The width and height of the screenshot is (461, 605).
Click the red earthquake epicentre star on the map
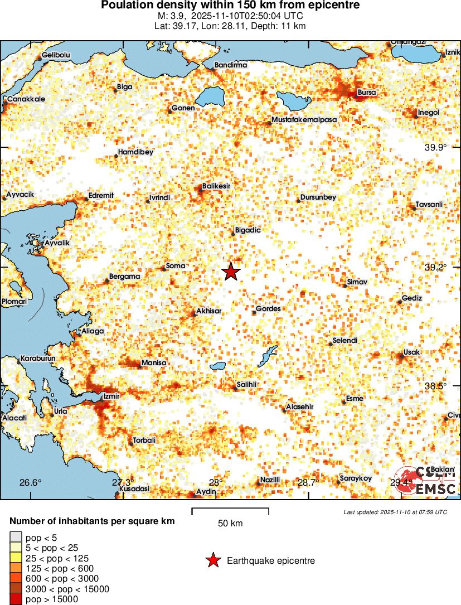click(x=231, y=272)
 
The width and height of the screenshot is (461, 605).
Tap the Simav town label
click(x=357, y=282)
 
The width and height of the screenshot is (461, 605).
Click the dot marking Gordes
click(x=254, y=312)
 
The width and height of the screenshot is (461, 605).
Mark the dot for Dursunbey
click(x=299, y=201)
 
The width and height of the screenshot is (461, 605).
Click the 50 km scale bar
click(x=230, y=510)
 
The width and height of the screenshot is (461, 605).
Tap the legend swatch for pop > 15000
click(x=16, y=599)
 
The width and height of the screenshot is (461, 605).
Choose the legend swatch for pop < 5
click(x=16, y=537)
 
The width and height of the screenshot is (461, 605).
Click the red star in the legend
click(x=213, y=560)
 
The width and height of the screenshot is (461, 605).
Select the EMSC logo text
click(x=436, y=489)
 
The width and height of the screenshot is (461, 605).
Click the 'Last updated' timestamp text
click(x=395, y=512)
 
